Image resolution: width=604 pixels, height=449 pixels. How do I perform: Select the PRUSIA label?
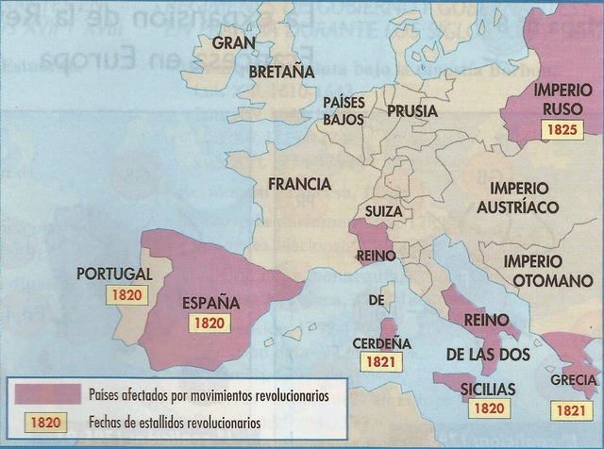click(411, 111)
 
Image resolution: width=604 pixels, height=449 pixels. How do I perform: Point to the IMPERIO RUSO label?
click(562, 101)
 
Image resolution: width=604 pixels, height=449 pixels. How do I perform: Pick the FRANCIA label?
click(299, 184)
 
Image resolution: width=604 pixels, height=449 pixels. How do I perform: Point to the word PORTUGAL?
click(112, 274)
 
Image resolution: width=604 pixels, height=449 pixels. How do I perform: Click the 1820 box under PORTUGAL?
click(126, 294)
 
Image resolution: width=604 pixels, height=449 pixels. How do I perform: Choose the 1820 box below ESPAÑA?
click(206, 324)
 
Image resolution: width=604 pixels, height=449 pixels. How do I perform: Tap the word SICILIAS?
click(488, 388)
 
